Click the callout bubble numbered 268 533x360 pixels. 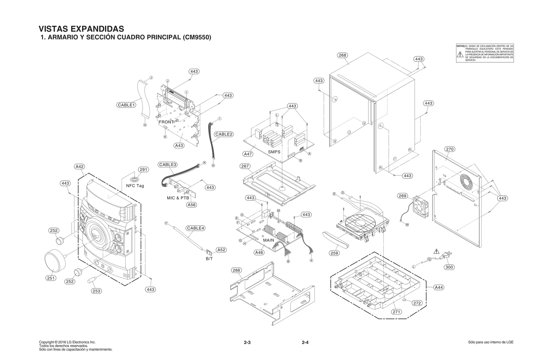pyautogui.click(x=342, y=55)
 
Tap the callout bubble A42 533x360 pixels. pyautogui.click(x=79, y=167)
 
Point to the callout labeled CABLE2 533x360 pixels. pyautogui.click(x=224, y=134)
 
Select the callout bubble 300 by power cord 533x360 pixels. pyautogui.click(x=449, y=267)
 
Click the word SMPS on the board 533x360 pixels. pyautogui.click(x=274, y=152)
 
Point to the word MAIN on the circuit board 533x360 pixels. pyautogui.click(x=268, y=240)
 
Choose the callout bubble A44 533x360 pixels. pyautogui.click(x=439, y=287)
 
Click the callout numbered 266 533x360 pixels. pyautogui.click(x=236, y=270)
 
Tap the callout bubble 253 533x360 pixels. pyautogui.click(x=96, y=291)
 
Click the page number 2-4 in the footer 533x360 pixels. pyautogui.click(x=305, y=343)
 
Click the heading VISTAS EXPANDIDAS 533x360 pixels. pyautogui.click(x=81, y=29)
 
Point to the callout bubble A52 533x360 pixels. pyautogui.click(x=221, y=250)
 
